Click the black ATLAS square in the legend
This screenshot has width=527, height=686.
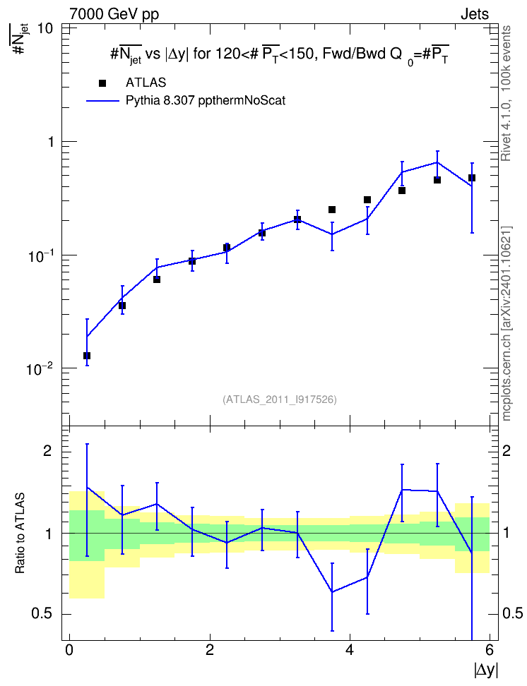click(102, 83)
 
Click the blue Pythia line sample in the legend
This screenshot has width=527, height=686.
click(102, 101)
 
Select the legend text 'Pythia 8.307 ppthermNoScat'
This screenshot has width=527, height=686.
click(206, 101)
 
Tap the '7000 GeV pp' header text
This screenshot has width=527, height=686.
click(114, 14)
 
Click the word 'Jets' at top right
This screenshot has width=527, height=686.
click(475, 14)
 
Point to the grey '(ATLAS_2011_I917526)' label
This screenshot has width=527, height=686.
click(280, 399)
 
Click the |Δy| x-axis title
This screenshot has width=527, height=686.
click(486, 670)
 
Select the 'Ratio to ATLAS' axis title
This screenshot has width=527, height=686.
click(20, 533)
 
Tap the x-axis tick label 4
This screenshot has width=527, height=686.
click(349, 650)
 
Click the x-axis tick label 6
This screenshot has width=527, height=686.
click(490, 650)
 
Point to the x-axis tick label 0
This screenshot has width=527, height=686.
click(69, 650)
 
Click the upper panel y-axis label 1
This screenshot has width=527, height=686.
click(49, 142)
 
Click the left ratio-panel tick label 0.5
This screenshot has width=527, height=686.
click(42, 614)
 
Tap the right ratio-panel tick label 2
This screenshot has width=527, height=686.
click(507, 450)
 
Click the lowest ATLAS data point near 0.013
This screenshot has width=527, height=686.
click(87, 356)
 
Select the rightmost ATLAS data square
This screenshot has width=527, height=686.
click(472, 178)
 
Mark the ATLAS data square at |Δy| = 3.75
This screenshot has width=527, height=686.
click(332, 210)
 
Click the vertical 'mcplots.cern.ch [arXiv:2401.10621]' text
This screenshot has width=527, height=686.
click(507, 323)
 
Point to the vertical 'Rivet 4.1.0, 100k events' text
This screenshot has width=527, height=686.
click(506, 93)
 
